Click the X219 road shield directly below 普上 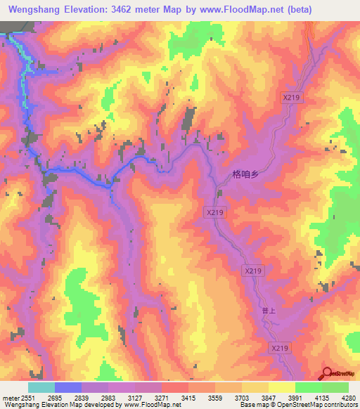click(280, 348)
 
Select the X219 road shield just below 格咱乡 click(215, 212)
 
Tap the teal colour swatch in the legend click(41, 387)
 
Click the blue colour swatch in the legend click(68, 387)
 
